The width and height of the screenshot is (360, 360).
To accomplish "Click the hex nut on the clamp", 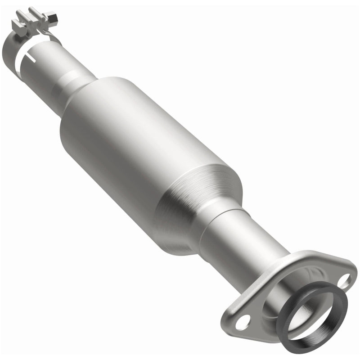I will click(54, 18).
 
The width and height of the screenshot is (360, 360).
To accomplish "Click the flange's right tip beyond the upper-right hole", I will click(353, 274).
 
